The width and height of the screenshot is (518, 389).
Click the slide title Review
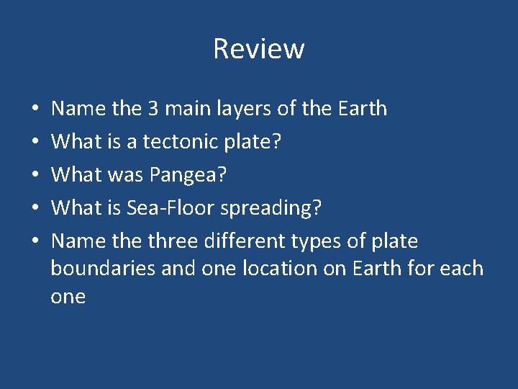tap(259, 49)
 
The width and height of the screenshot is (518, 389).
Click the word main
tap(196, 109)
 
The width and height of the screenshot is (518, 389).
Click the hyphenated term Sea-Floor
tap(171, 208)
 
